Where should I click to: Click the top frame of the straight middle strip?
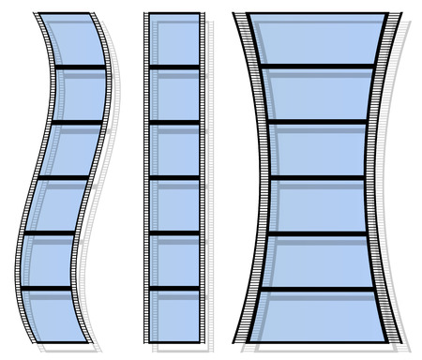(174, 40)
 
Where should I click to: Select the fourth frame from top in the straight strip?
(174, 205)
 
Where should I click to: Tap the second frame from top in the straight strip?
(174, 94)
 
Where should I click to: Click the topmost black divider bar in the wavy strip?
(81, 67)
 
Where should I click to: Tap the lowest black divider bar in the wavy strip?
(46, 288)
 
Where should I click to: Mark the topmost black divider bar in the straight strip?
(174, 67)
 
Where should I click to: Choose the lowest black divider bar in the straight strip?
(174, 288)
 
